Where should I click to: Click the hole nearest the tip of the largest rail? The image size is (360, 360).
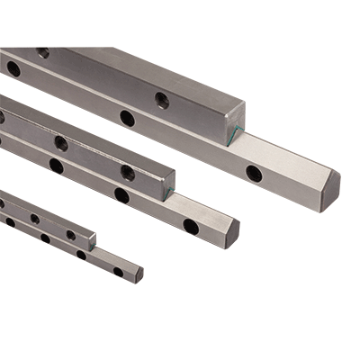pos(255,173)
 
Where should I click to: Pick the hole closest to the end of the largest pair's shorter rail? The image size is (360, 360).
pos(161,100)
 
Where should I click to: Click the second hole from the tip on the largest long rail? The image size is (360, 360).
pos(128,118)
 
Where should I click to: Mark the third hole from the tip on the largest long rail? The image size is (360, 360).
pos(13,68)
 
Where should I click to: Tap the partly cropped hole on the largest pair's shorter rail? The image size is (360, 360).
pos(42,52)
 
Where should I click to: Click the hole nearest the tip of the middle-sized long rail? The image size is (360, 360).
pos(191,227)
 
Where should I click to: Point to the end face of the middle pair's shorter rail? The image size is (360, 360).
pos(167,184)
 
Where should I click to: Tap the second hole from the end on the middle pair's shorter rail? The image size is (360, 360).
pos(61,143)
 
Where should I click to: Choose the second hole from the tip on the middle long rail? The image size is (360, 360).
pos(121,195)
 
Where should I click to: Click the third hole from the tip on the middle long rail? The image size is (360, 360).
pos(56,166)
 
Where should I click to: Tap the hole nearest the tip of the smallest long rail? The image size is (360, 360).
pos(118,271)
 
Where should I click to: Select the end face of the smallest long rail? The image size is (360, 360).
pos(139,274)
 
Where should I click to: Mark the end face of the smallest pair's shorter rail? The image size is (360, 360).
pos(91,239)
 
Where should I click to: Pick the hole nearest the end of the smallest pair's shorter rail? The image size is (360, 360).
pos(70,235)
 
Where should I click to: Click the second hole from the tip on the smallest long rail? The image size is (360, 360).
pos(81,255)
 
